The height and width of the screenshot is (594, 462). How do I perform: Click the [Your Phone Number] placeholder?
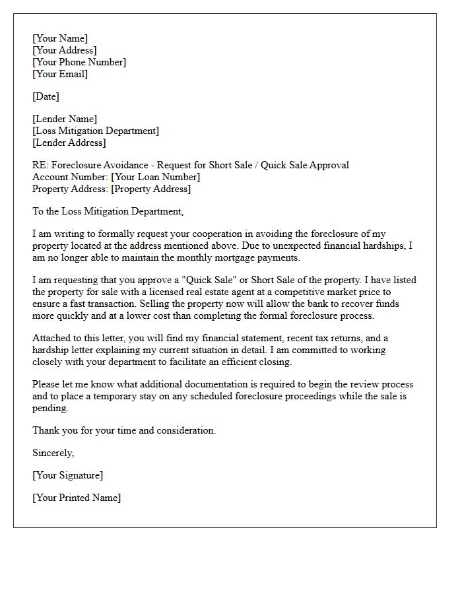[79, 62]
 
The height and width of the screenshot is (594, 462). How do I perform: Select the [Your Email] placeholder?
[60, 74]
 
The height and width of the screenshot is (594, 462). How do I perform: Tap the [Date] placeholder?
[46, 96]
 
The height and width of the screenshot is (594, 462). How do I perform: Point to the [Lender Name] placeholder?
[65, 119]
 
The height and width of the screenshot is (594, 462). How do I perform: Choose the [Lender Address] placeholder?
[69, 143]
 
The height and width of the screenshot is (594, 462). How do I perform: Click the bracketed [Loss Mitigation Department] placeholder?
[96, 131]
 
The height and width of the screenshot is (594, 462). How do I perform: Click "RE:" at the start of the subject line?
[40, 165]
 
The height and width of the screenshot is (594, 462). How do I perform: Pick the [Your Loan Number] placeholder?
[156, 177]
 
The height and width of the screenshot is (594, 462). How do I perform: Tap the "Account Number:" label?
[71, 177]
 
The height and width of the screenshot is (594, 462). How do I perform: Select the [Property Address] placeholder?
[151, 189]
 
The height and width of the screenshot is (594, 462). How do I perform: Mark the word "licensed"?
[170, 292]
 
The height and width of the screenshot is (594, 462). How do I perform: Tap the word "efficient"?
[236, 362]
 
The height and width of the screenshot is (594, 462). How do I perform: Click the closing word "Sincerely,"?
[53, 453]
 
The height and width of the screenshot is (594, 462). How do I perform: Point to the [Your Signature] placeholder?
[68, 475]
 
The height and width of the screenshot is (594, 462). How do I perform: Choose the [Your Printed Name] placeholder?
[77, 498]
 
